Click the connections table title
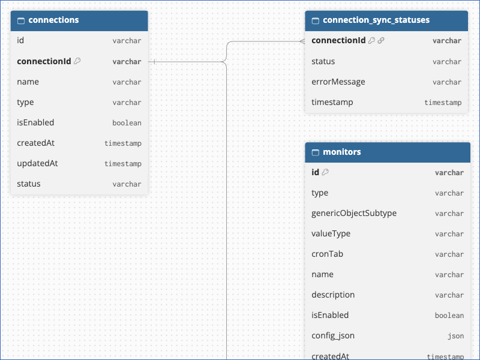point(53,20)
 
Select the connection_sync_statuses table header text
point(376,20)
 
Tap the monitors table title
point(342,152)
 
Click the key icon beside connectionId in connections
point(77,61)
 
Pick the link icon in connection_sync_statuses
point(381,40)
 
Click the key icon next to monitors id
point(325,172)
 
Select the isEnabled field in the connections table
point(35,122)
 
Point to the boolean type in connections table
point(127,123)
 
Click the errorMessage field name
point(338,82)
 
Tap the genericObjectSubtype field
point(354,214)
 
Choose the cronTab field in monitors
point(327,254)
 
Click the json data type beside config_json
point(456,336)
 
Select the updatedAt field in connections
point(37,163)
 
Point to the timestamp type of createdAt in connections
point(123,143)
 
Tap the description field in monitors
point(333,295)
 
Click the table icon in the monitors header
point(316,152)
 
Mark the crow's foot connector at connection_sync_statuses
point(302,41)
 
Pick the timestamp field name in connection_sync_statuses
point(332,102)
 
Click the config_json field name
point(333,336)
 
